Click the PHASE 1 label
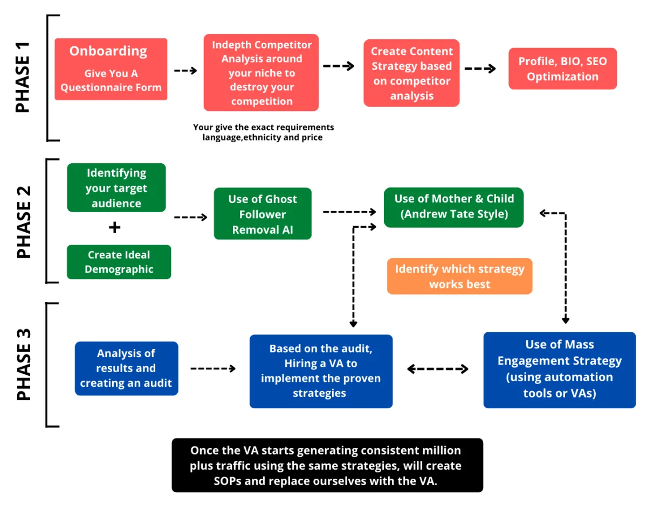point(23,78)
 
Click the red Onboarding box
point(111,69)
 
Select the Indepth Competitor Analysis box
point(261,73)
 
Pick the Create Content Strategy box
point(411,73)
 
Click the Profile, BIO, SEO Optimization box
point(562,69)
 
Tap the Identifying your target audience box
point(116,188)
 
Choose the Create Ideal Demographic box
point(119,262)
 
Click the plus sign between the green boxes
point(114,227)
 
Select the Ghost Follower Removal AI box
point(263,214)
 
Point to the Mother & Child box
point(453,207)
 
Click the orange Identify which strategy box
point(459,276)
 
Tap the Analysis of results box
point(126,368)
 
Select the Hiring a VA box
point(321,371)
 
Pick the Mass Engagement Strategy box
point(559,369)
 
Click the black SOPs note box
point(327,465)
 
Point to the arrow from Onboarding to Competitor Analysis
point(185,71)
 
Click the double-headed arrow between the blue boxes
point(437,369)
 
